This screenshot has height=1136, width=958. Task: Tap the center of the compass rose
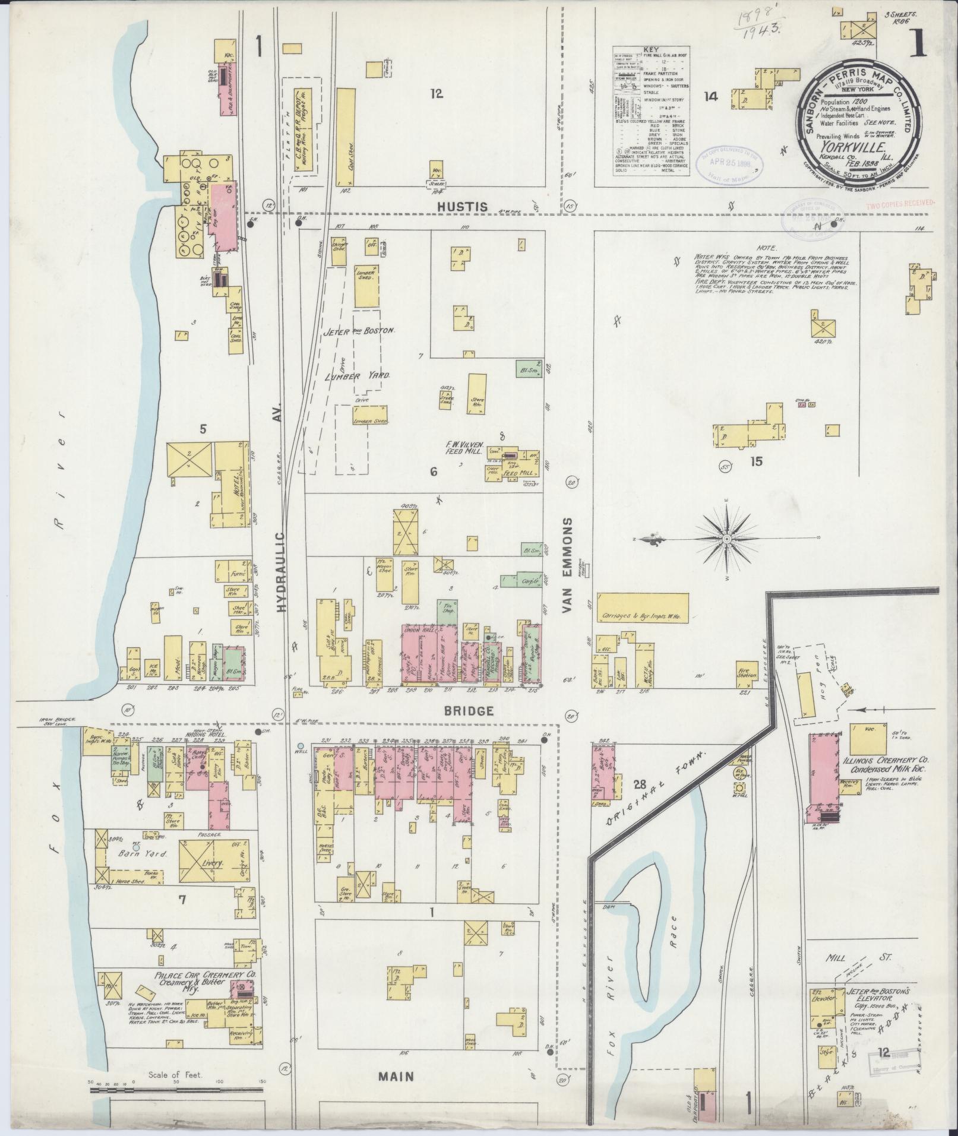pyautogui.click(x=726, y=539)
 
